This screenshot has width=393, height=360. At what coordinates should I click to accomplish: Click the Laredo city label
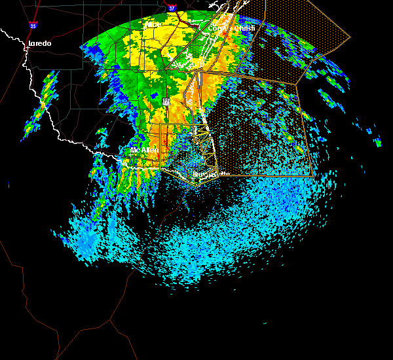coord(39,44)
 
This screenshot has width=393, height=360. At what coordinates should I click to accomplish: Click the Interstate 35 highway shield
coord(33,26)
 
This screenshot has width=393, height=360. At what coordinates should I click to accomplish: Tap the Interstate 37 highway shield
coord(172,9)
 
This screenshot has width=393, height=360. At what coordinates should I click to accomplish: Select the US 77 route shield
coord(166,102)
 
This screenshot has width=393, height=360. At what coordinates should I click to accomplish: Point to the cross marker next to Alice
coord(145,25)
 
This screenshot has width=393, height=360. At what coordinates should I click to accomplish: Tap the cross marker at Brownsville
coord(196,175)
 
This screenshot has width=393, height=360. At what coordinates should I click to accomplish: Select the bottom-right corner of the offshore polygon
coord(312,175)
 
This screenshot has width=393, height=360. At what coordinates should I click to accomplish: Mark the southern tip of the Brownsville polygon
coord(197,187)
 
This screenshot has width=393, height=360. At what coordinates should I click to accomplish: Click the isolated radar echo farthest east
coord(377,141)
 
